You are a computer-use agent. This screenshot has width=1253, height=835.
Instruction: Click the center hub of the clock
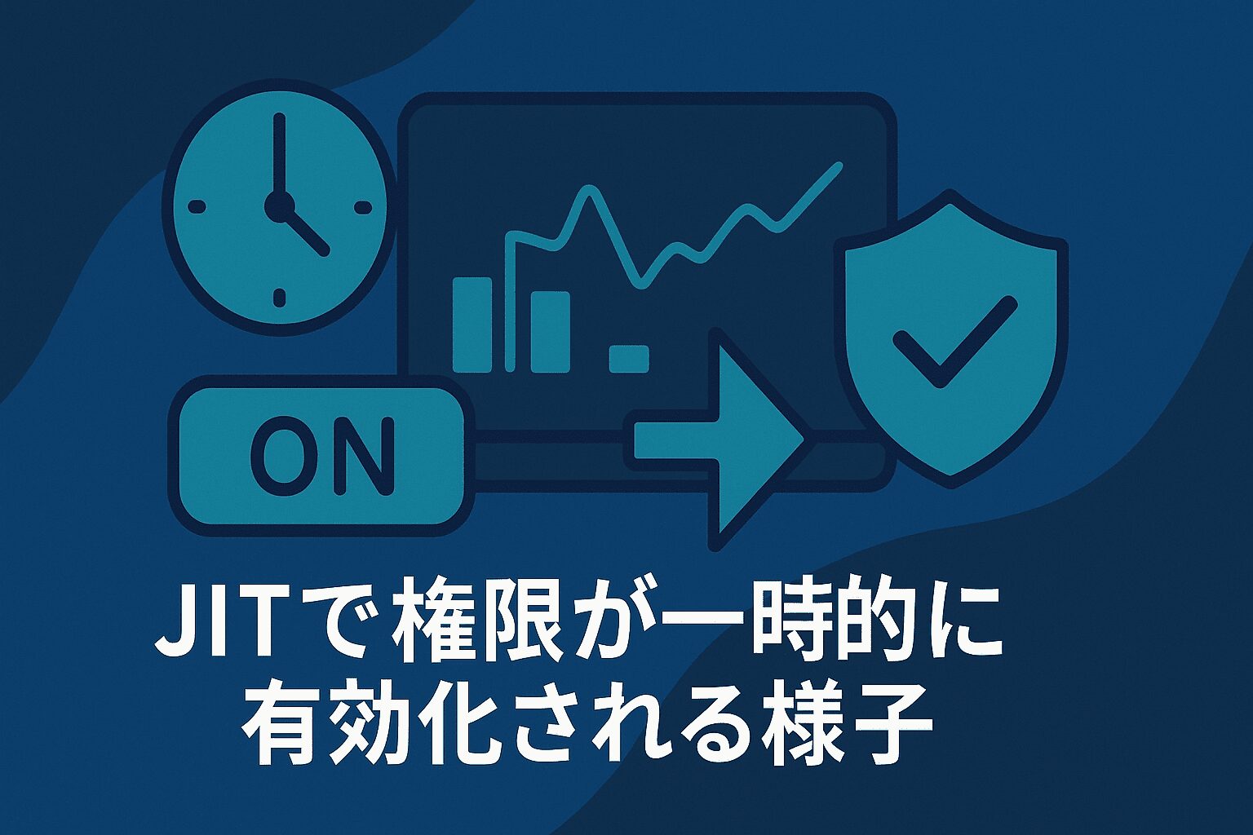point(279,206)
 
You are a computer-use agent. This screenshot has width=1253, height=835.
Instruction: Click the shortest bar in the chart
point(629,359)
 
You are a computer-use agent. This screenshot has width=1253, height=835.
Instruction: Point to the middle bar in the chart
point(551,332)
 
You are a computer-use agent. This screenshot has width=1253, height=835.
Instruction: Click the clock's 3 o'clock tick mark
point(364,207)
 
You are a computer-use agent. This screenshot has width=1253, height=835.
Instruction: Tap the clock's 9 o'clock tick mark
point(196,207)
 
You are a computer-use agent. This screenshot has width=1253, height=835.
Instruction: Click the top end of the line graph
point(839,165)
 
